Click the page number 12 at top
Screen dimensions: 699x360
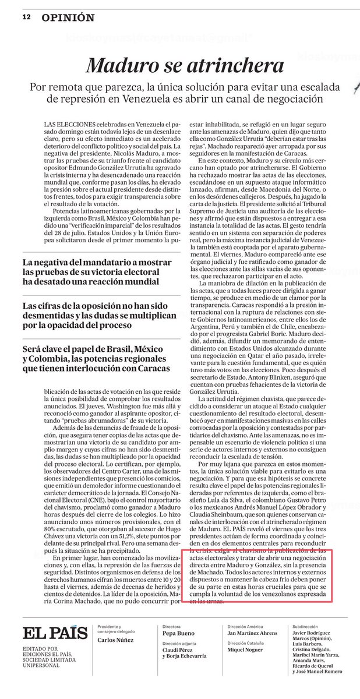point(26,17)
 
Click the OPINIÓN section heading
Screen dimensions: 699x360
point(68,17)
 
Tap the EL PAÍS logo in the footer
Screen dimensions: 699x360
point(55,633)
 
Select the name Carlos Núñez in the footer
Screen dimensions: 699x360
point(116,640)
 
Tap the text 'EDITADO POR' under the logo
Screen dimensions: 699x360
point(36,648)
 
